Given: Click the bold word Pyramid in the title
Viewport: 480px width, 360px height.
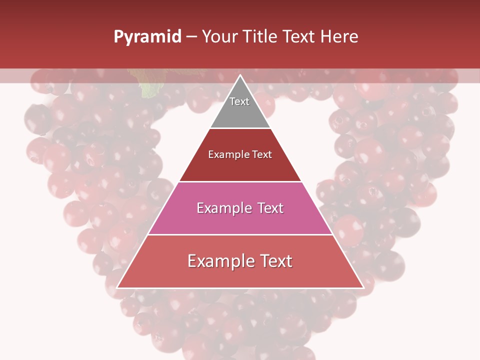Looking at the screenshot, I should click(147, 37).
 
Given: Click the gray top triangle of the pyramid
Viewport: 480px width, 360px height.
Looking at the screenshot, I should click(240, 112).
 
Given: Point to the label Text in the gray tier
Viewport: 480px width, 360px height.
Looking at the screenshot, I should click(239, 101).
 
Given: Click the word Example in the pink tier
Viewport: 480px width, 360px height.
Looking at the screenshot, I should click(222, 208).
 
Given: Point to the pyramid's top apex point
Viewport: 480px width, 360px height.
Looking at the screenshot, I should click(240, 76).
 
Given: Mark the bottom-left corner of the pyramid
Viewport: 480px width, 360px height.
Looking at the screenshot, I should click(117, 287).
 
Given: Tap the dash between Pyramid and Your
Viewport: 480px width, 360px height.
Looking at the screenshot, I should click(191, 37).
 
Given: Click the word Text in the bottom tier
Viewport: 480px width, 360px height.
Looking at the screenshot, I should click(274, 261).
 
